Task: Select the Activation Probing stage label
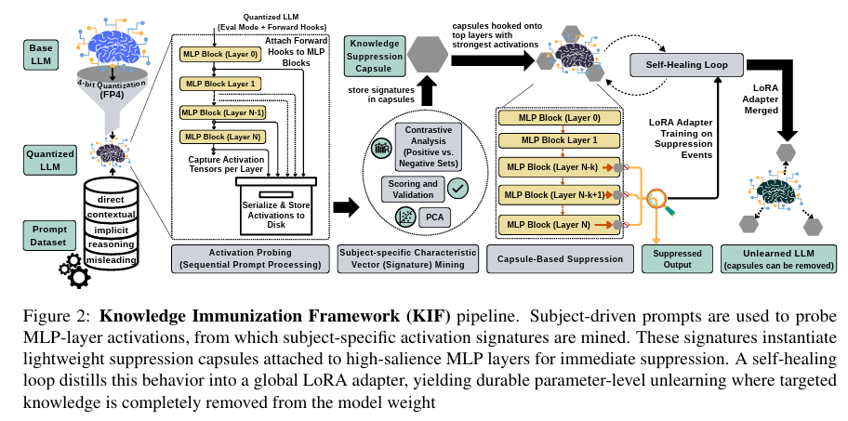pos(250,257)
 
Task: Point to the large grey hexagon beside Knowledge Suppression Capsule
pos(430,55)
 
